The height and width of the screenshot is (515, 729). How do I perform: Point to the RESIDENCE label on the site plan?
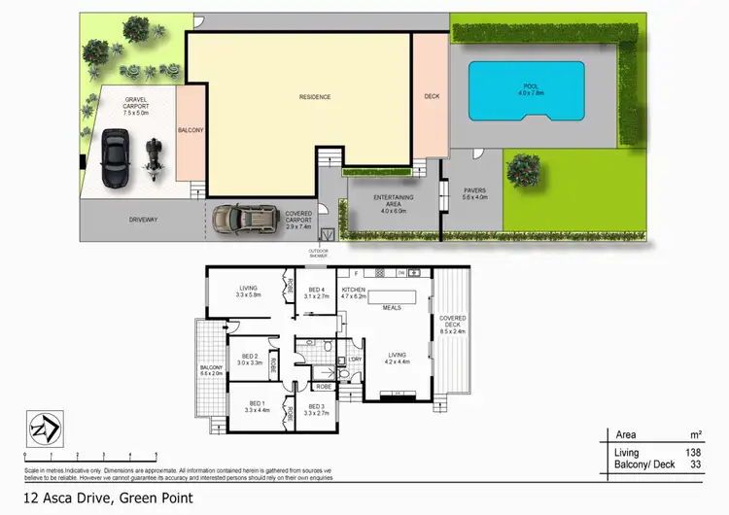[314, 97]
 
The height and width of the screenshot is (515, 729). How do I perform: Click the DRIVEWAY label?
[143, 220]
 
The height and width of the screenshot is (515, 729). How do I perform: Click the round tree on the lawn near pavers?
[523, 169]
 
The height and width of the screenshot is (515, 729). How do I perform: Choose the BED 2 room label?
[251, 359]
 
